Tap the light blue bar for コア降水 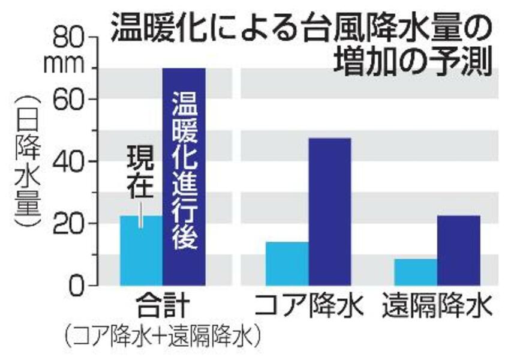click(287, 263)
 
